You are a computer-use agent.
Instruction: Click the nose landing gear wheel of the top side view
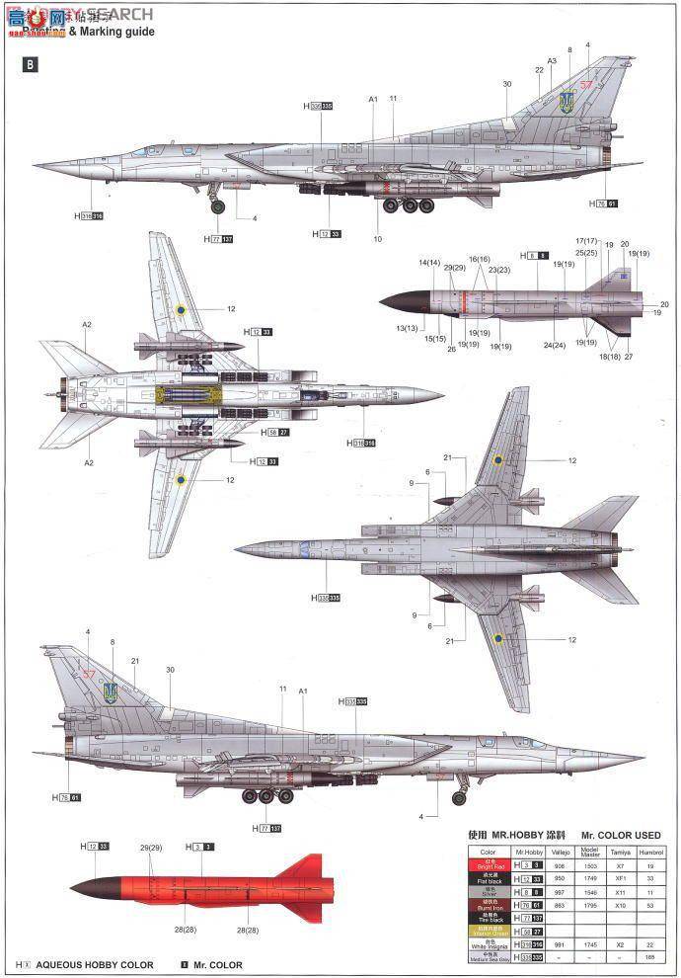tap(217, 206)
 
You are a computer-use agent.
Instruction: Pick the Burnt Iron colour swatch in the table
tap(488, 904)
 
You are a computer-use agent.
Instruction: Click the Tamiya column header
tap(620, 851)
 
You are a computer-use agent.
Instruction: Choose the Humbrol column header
tap(651, 851)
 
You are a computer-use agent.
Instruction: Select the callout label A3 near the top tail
tap(552, 60)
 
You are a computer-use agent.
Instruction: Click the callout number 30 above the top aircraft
tap(506, 84)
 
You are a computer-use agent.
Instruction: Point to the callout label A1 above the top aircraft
tap(373, 99)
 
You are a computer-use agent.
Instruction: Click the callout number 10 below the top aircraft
tap(377, 238)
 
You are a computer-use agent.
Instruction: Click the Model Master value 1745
tap(589, 944)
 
